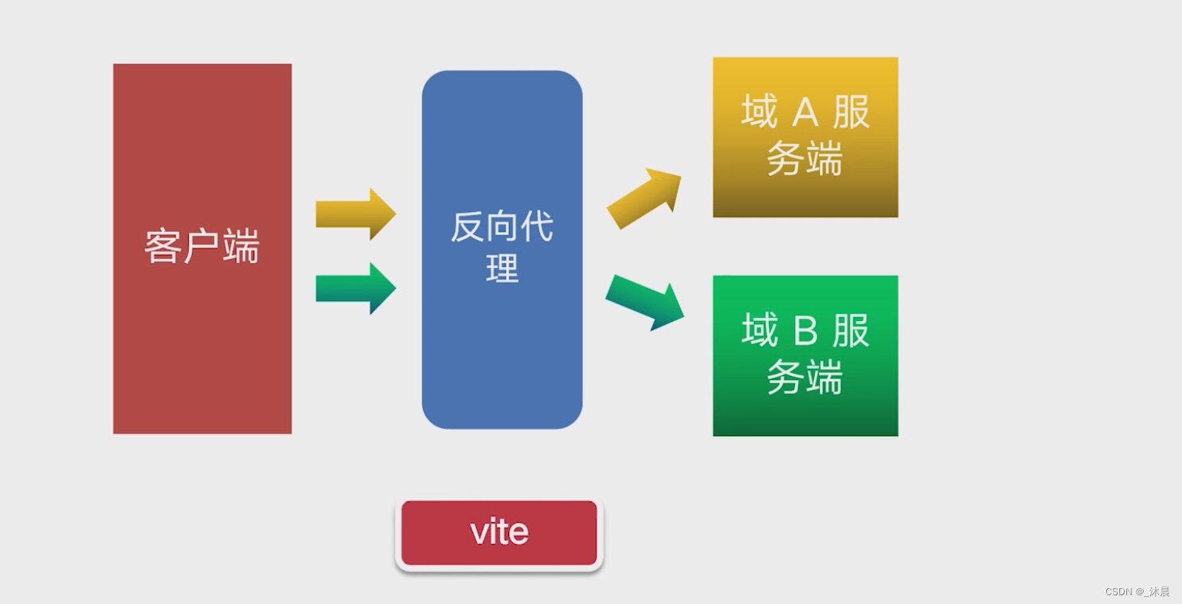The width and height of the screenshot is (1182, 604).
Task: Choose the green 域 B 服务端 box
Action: click(805, 414)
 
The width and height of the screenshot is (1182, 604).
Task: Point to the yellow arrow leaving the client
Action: click(355, 214)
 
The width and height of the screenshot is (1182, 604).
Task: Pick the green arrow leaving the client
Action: click(355, 288)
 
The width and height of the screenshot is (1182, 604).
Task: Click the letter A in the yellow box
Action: click(805, 113)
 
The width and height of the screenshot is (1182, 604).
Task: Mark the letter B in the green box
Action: click(805, 331)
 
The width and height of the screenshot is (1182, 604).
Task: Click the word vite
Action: click(499, 532)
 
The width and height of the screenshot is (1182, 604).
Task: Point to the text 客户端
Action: click(202, 246)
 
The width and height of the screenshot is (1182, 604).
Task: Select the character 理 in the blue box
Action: click(502, 268)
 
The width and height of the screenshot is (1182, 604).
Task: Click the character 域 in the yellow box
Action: click(759, 112)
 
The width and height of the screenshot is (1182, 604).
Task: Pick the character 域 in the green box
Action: click(759, 330)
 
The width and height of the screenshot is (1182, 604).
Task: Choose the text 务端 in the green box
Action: click(804, 377)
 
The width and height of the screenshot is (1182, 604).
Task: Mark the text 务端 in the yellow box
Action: click(804, 159)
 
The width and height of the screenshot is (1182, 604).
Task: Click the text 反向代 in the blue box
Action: click(502, 227)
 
